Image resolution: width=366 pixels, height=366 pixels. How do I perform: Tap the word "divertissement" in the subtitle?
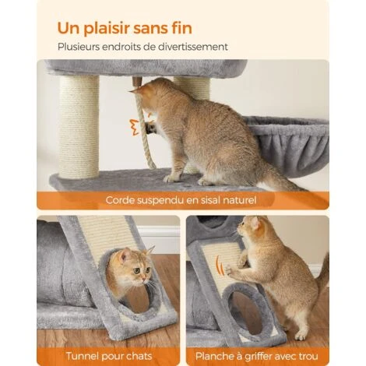(193, 47)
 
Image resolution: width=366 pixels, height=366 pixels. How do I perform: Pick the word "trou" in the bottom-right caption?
(308, 356)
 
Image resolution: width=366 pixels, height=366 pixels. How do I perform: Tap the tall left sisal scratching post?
(79, 127)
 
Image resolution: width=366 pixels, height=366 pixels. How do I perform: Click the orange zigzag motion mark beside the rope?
(134, 127)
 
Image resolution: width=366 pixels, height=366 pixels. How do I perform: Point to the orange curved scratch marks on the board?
(220, 266)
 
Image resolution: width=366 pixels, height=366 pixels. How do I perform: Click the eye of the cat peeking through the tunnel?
(137, 271)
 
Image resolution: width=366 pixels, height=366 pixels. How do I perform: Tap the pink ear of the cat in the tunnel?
(125, 256)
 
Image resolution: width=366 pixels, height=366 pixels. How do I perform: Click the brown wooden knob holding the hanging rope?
(137, 82)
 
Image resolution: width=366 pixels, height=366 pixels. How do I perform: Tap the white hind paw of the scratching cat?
(301, 336)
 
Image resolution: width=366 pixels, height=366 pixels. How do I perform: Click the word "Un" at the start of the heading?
(68, 28)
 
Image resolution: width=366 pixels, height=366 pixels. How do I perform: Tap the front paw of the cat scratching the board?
(230, 270)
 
